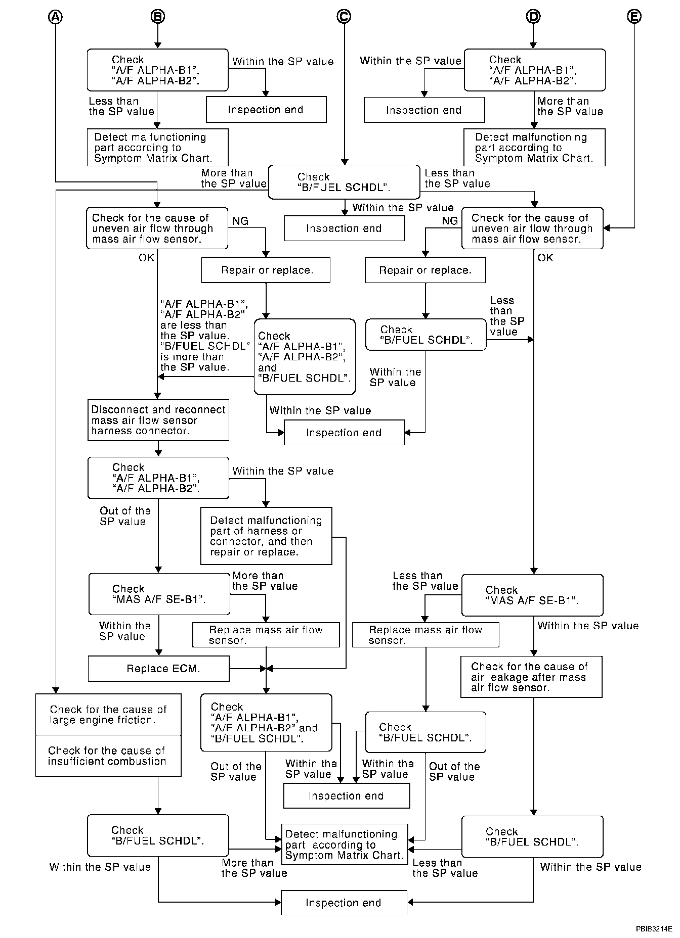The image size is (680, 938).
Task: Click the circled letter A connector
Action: coord(56,17)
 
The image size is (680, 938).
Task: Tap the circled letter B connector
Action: coord(158,17)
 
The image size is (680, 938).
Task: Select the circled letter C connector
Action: coord(344,17)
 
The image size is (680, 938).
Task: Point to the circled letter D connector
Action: coord(533,17)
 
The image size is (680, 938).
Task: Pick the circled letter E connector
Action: coord(634,17)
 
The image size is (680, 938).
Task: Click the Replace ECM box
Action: coord(158,669)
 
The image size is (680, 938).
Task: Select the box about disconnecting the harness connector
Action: coord(158,420)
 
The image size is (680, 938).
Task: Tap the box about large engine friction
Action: coord(108,715)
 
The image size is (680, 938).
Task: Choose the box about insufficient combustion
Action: coord(108,756)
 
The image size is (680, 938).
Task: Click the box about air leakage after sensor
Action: coord(531,677)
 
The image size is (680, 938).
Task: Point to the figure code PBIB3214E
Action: coord(654,928)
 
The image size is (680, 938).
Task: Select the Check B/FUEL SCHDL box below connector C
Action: coord(344,182)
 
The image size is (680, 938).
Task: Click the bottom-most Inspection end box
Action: coord(344,903)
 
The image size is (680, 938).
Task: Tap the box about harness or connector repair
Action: coord(266,536)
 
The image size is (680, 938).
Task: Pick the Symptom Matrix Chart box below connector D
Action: coord(534,148)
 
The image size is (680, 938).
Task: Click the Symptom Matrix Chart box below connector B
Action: coord(157,148)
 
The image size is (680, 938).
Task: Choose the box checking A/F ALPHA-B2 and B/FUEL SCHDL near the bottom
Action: coord(266,723)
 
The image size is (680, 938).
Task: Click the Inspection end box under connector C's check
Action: coord(344,228)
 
